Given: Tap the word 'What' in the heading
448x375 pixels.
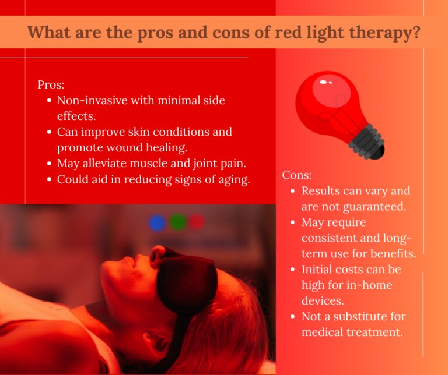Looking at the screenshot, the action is tap(49, 31).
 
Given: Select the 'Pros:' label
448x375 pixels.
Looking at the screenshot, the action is tap(51, 84).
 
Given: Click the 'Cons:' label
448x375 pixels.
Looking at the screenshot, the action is tap(297, 175).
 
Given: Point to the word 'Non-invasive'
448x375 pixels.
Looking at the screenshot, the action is tap(92, 100).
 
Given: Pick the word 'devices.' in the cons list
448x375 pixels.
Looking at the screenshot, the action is tap(323, 300).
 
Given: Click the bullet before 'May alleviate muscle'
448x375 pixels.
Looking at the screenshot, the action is tap(50, 164).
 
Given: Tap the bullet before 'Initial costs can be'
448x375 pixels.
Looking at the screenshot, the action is tap(292, 270).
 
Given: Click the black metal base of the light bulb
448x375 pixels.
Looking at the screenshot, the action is tap(367, 141).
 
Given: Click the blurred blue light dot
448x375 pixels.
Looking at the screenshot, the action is tap(157, 222).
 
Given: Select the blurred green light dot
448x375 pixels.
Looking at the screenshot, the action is tap(177, 222).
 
